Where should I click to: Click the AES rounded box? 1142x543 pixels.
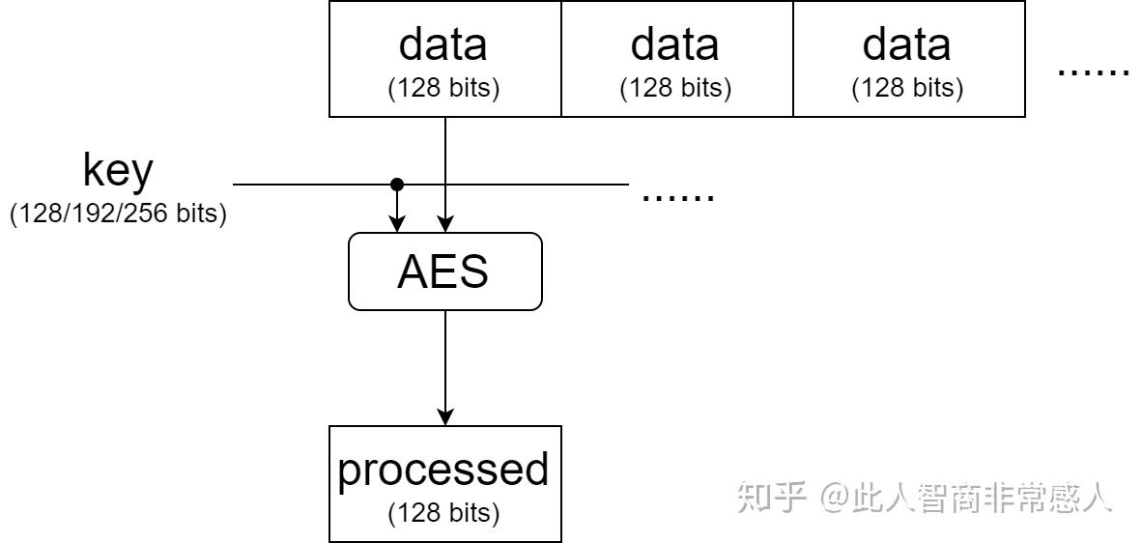(x=444, y=271)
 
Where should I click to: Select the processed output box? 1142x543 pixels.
(x=444, y=483)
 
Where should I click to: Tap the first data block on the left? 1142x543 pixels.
(x=444, y=59)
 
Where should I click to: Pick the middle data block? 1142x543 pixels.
(x=676, y=59)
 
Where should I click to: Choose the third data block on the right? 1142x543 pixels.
(x=908, y=59)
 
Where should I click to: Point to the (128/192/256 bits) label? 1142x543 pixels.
(x=118, y=214)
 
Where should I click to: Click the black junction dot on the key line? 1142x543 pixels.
(x=396, y=184)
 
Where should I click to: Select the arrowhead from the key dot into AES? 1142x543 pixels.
(x=396, y=224)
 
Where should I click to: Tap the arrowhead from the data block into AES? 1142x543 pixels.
(x=444, y=224)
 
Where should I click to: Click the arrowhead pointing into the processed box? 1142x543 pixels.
(x=444, y=416)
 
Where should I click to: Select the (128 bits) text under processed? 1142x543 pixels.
(x=444, y=513)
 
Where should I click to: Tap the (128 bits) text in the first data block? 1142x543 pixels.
(x=444, y=88)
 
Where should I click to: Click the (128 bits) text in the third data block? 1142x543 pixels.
(x=908, y=88)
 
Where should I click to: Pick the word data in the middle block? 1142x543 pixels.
(x=675, y=44)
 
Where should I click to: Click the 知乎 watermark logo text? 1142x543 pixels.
(x=772, y=497)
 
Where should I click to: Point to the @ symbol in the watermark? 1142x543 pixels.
(x=836, y=498)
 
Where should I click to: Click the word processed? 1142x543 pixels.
(x=443, y=469)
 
